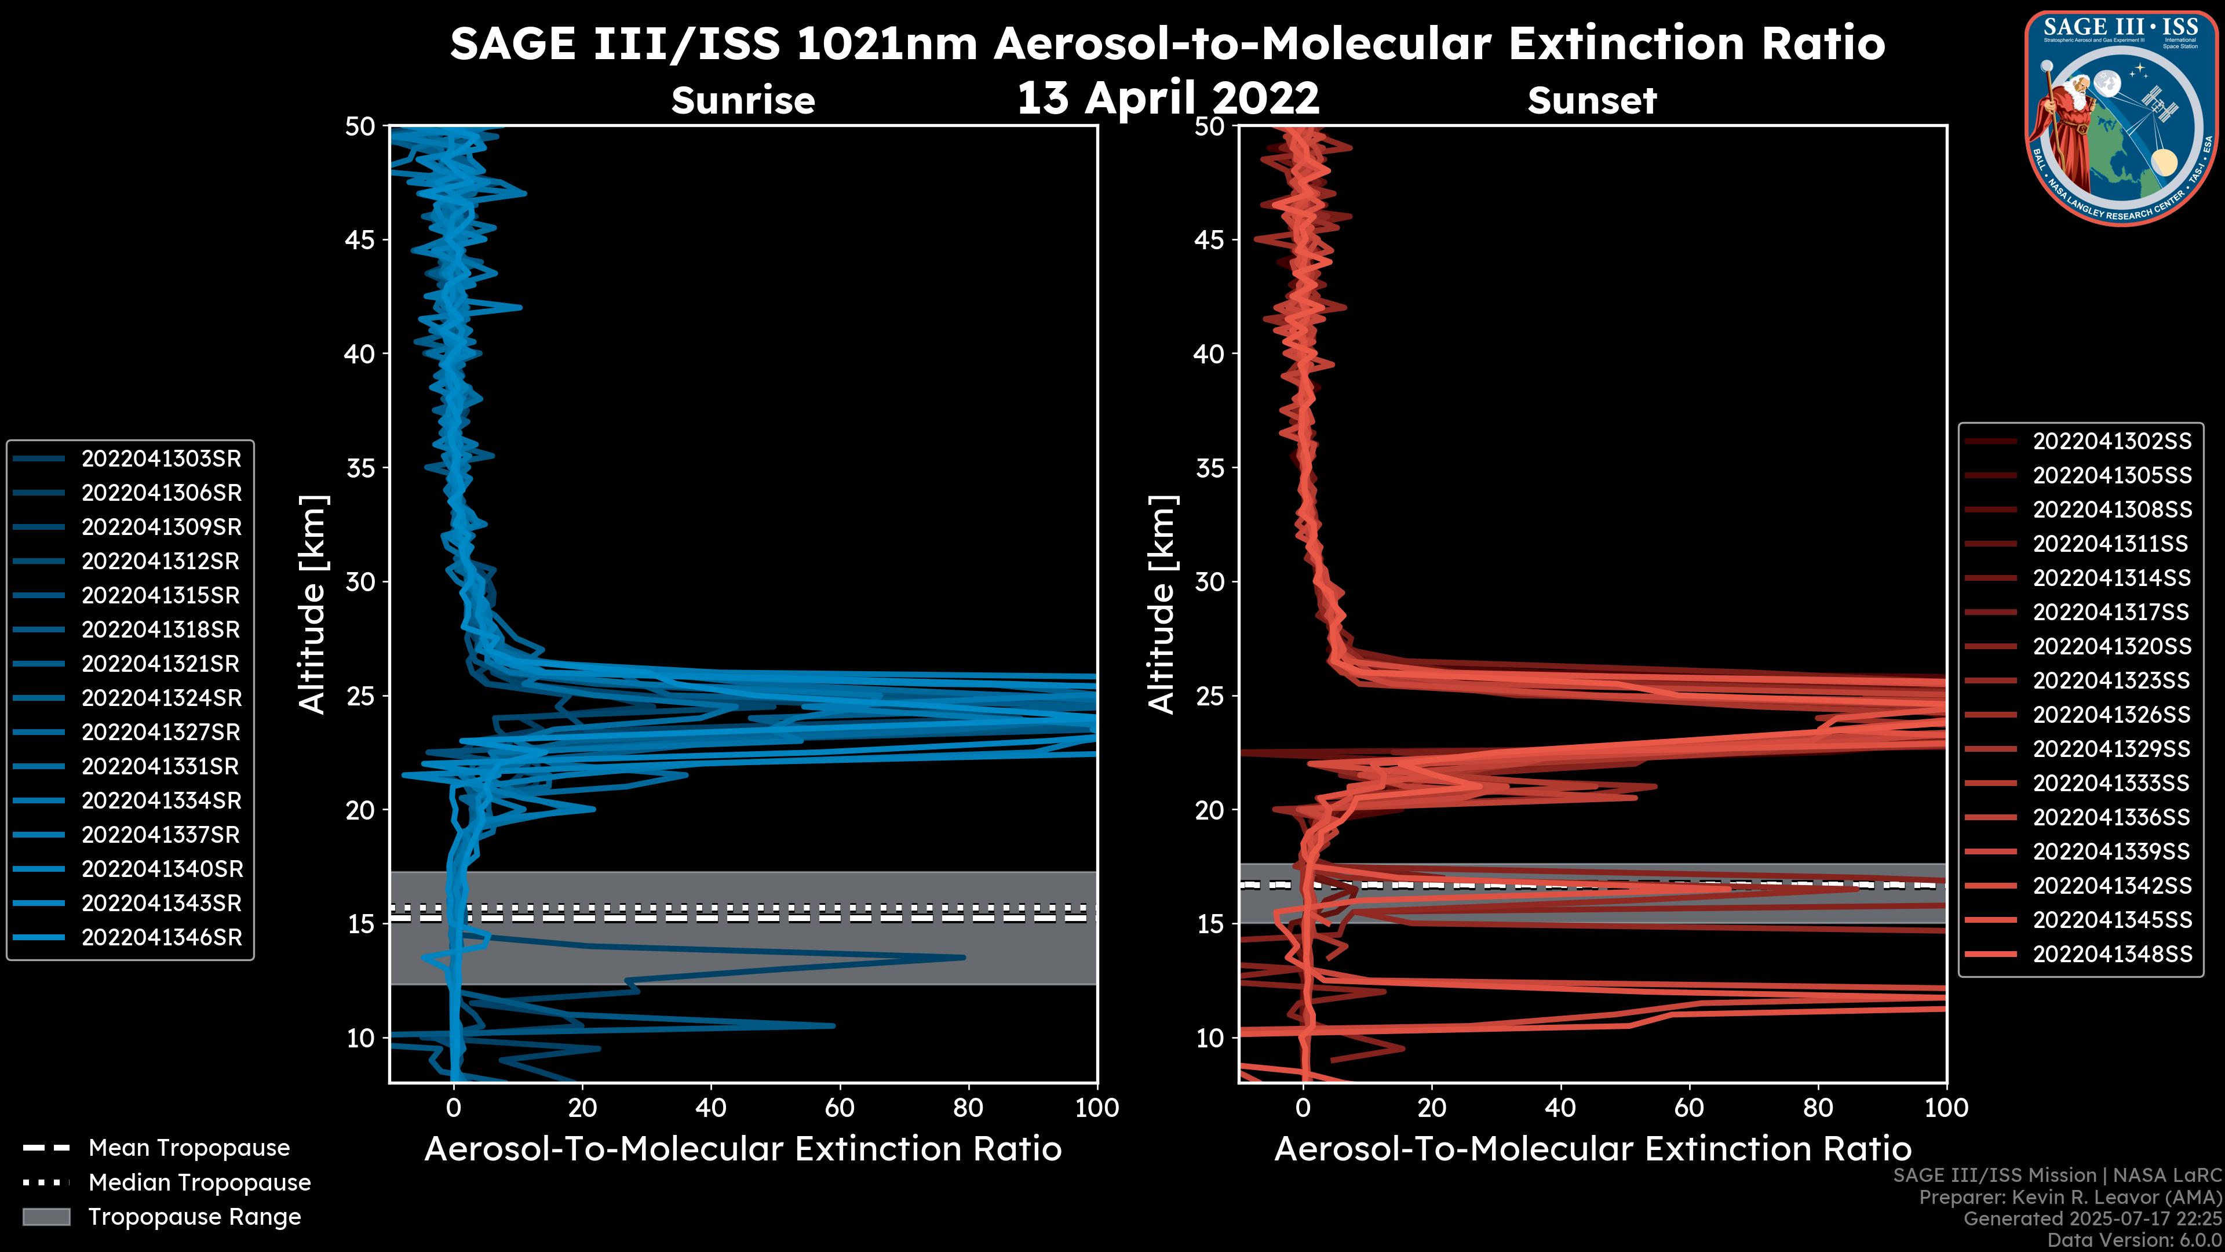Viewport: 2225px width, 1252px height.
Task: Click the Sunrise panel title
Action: [x=743, y=101]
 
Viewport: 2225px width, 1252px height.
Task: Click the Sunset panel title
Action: [x=1592, y=101]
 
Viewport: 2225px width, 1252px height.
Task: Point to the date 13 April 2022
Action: [x=1168, y=97]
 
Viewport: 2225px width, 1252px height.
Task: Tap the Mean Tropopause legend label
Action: [x=189, y=1148]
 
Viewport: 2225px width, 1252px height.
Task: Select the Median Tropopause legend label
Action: [x=199, y=1183]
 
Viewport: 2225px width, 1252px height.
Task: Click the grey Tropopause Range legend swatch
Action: [x=46, y=1217]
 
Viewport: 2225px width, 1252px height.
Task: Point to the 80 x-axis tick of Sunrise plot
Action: [x=968, y=1108]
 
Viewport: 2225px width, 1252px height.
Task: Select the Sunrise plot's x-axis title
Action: [x=743, y=1149]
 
